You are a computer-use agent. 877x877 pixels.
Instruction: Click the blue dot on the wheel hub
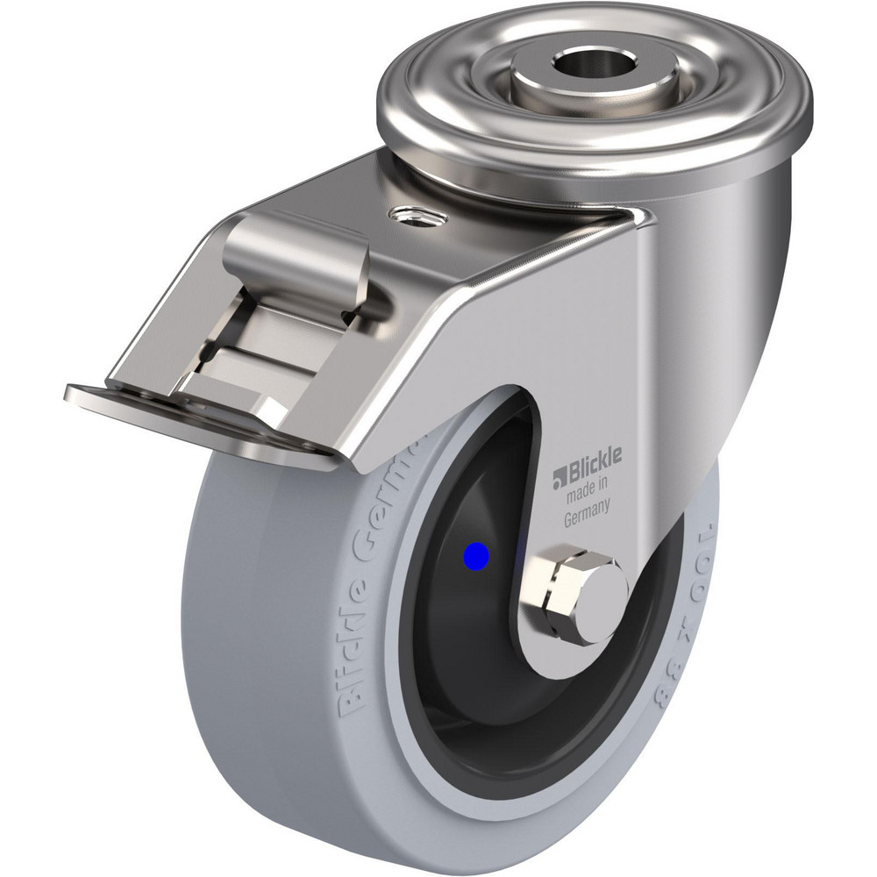pos(476,554)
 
